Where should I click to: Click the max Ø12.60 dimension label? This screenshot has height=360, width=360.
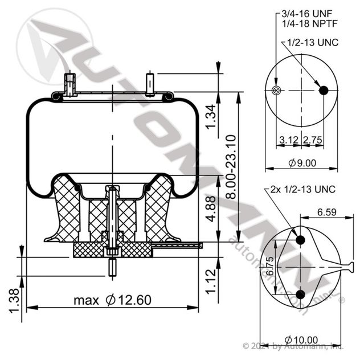click(112, 300)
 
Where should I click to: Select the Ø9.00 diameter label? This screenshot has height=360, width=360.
click(302, 162)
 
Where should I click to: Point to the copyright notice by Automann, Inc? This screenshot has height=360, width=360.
click(293, 345)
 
